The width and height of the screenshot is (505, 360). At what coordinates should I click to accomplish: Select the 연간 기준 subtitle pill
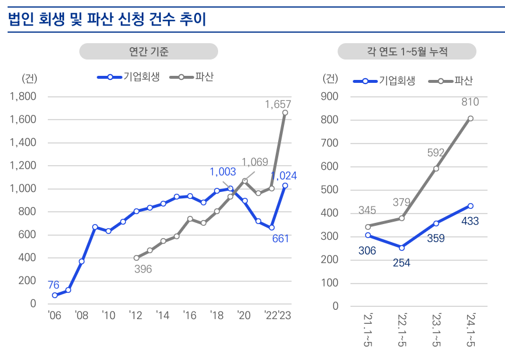[149, 52]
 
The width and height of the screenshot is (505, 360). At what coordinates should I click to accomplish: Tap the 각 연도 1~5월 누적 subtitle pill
[407, 52]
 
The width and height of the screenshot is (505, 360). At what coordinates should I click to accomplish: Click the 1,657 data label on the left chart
[277, 104]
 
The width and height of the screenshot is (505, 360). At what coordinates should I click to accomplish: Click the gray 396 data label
[142, 269]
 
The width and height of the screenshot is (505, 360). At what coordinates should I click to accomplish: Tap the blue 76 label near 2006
[53, 285]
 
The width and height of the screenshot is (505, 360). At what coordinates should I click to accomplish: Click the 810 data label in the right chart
[469, 102]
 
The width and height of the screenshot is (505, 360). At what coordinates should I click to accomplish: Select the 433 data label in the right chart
[469, 221]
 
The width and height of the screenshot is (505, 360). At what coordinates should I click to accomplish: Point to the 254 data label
[401, 263]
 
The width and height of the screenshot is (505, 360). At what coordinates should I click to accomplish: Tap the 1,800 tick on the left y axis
[23, 96]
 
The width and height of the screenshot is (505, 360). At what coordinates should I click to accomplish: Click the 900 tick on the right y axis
[331, 96]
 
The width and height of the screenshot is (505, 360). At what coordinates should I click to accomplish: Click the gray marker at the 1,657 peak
[285, 113]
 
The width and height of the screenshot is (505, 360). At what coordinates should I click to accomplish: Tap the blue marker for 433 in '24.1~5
[470, 206]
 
